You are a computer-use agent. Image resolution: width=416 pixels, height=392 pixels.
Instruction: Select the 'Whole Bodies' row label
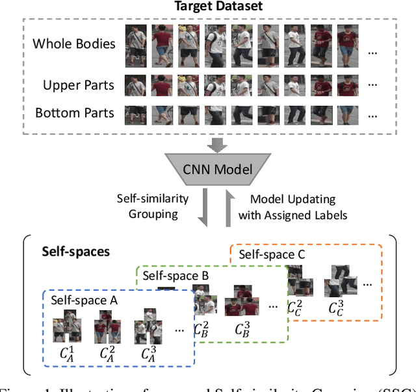click(74, 44)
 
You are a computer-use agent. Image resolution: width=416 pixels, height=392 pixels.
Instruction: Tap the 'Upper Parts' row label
click(78, 85)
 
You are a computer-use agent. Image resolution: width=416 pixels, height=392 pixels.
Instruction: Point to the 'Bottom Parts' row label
click(74, 113)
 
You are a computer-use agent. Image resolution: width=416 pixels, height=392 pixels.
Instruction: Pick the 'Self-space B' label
click(175, 276)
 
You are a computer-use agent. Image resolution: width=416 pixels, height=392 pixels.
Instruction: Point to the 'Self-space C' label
click(271, 254)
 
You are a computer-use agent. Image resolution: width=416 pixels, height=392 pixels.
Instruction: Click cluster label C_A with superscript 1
click(66, 353)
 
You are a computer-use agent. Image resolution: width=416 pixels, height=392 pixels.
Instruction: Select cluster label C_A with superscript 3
click(149, 353)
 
